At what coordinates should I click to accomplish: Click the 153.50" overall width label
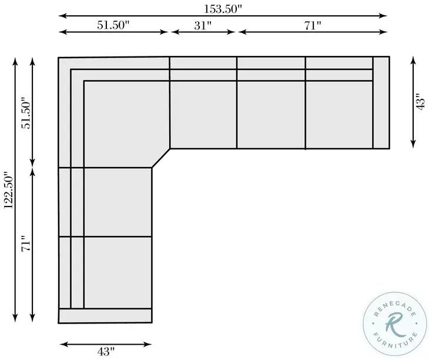click(x=223, y=9)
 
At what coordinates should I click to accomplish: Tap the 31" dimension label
click(x=203, y=26)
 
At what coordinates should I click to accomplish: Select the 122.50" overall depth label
click(x=8, y=190)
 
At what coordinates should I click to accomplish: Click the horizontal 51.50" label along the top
click(x=113, y=25)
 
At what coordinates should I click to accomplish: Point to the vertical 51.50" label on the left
click(x=27, y=113)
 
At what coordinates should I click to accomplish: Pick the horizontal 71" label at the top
click(x=313, y=26)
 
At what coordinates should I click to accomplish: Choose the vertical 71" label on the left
click(x=27, y=244)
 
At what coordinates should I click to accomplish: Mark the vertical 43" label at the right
click(x=420, y=102)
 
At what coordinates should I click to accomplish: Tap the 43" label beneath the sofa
click(x=106, y=352)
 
